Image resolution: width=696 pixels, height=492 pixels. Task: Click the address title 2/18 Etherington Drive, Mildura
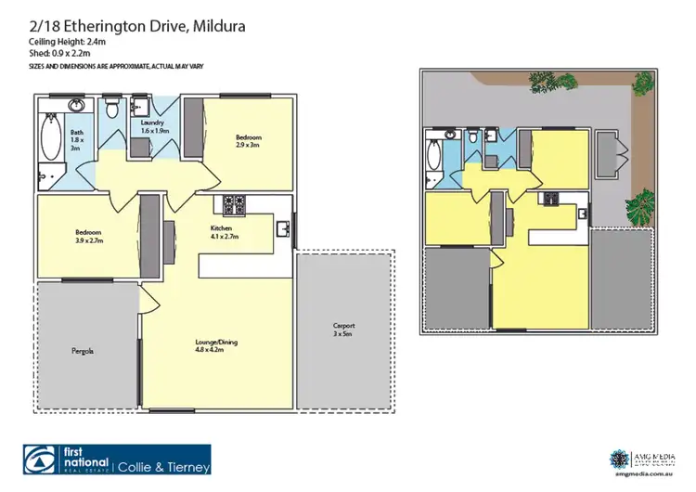point(136,28)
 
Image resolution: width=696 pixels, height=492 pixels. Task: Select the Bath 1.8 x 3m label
point(76,139)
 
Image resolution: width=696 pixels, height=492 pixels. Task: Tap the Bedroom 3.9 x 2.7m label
point(88,236)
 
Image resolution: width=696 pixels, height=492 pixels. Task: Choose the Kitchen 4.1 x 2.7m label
point(226,232)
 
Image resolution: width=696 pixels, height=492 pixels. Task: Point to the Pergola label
point(84,352)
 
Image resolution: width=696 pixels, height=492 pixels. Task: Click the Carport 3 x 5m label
point(344,330)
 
